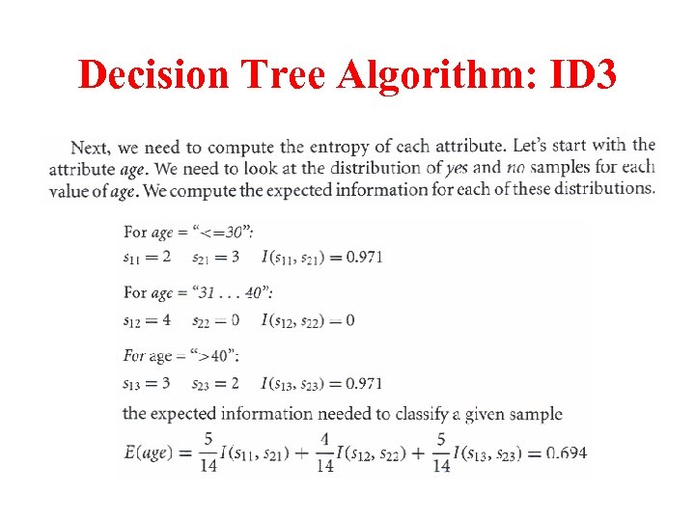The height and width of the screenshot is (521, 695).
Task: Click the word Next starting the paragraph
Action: coord(90,148)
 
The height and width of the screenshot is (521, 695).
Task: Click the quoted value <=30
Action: coord(226,233)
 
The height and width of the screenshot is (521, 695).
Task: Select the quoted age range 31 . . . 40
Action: coord(232,292)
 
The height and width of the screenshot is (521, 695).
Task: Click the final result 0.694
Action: coord(566,452)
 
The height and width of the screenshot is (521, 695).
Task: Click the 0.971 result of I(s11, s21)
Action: coord(364,257)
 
